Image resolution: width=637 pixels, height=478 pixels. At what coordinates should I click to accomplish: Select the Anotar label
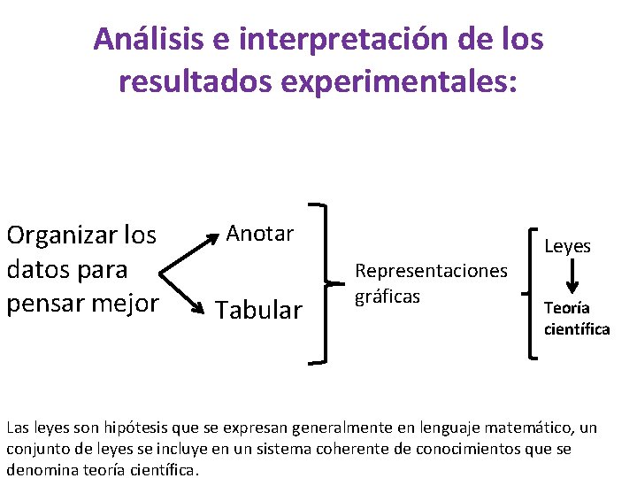click(x=259, y=234)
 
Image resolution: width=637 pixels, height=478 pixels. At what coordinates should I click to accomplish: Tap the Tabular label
click(x=259, y=310)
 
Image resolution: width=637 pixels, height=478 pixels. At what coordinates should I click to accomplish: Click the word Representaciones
click(x=431, y=270)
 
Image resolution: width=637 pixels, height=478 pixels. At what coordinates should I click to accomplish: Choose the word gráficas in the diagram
click(x=387, y=295)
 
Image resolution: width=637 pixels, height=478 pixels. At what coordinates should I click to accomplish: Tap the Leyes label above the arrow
click(x=567, y=246)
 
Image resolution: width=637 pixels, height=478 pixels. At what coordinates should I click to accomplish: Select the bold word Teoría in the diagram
click(x=567, y=308)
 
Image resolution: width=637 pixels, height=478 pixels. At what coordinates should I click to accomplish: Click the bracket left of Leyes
click(x=531, y=292)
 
